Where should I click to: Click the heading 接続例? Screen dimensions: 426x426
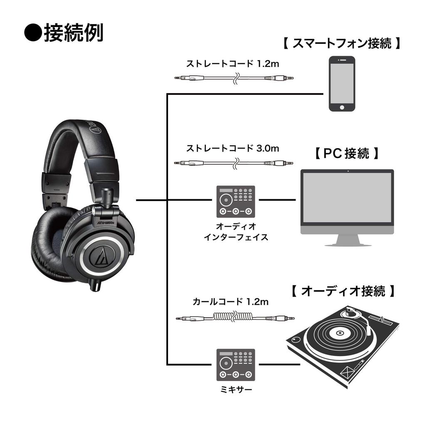(x=73, y=33)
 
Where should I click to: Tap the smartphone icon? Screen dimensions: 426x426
(x=342, y=85)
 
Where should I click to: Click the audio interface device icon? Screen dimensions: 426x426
(x=236, y=201)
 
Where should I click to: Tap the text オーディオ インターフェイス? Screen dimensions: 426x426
(x=236, y=232)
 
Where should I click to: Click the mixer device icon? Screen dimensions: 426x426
(x=236, y=364)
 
